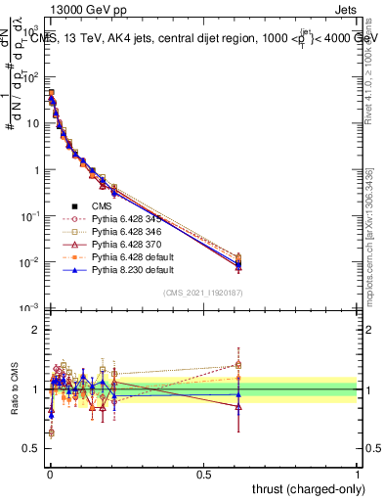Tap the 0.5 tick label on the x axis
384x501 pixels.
(203, 474)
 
